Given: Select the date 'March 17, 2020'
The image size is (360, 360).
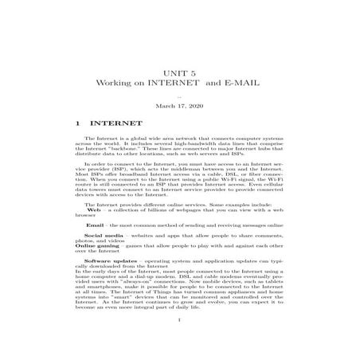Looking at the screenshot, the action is pos(179,105).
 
